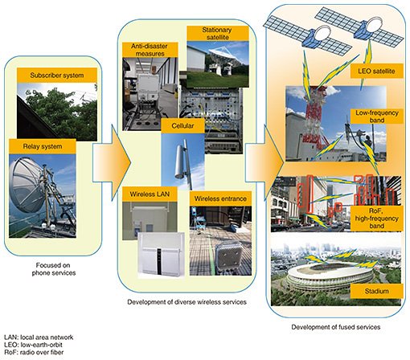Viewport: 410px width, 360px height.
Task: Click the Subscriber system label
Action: pos(57,76)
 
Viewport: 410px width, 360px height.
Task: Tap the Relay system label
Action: pos(43,146)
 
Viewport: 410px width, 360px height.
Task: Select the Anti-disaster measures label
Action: pos(150,50)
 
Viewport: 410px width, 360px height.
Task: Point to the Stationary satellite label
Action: pos(217,34)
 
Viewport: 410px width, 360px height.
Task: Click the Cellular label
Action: pos(182,125)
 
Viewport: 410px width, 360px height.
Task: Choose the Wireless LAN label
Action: pos(150,194)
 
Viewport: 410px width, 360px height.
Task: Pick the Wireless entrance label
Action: pos(220,198)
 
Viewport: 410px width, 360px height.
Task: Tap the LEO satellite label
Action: pos(376,71)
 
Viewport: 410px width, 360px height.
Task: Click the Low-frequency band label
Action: pos(376,117)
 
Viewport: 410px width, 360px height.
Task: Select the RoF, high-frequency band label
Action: pos(376,219)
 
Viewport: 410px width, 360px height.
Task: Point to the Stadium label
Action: pos(376,291)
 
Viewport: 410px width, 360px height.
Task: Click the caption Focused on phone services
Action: pos(53,269)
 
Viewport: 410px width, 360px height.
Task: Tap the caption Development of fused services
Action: pos(336,327)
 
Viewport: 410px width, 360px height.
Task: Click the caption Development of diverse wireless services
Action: pos(187,302)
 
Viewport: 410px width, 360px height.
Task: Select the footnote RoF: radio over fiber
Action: pos(34,352)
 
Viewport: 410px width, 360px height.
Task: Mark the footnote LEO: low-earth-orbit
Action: pos(33,345)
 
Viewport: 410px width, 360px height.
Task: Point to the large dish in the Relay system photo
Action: pos(26,185)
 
